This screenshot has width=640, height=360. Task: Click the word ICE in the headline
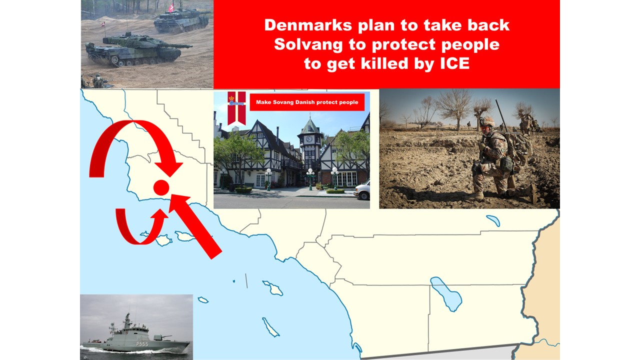click(x=455, y=63)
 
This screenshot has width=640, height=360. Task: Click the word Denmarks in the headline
click(x=308, y=25)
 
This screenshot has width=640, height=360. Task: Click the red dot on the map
click(x=161, y=187)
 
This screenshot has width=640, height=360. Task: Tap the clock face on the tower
click(x=309, y=139)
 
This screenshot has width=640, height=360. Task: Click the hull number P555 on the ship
click(x=142, y=344)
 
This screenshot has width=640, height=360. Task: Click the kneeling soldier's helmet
click(x=486, y=121)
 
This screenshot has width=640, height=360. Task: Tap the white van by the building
click(x=362, y=190)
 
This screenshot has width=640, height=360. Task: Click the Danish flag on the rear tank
click(x=171, y=8)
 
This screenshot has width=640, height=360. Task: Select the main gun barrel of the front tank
click(x=175, y=45)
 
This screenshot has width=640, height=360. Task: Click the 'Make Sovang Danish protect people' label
click(x=307, y=102)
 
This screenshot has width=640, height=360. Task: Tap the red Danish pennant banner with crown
click(x=236, y=108)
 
